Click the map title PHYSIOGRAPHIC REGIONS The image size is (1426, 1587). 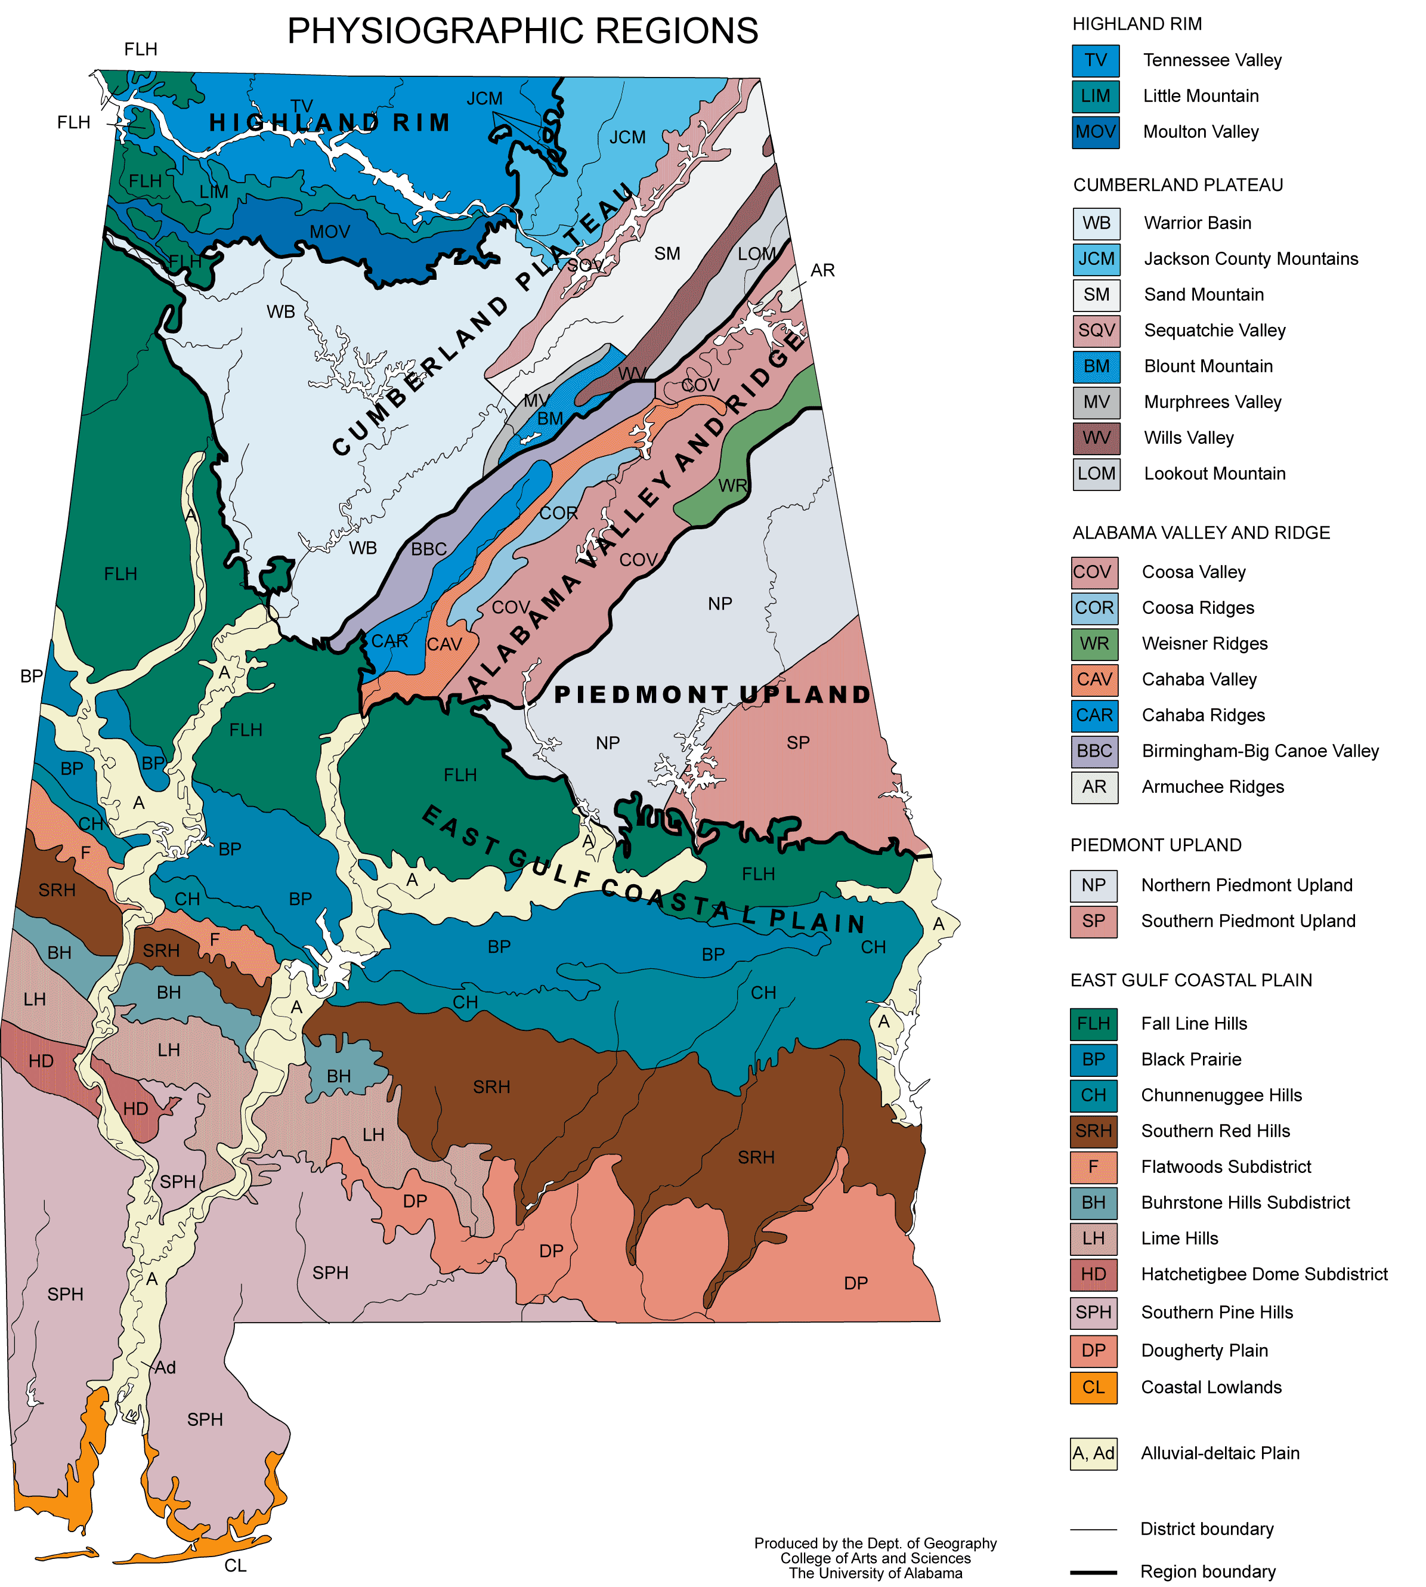pyautogui.click(x=522, y=32)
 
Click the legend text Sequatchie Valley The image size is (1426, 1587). pyautogui.click(x=1214, y=330)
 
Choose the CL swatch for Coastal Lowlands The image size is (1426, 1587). pyautogui.click(x=1093, y=1387)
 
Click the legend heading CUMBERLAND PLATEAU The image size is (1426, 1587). pyautogui.click(x=1178, y=185)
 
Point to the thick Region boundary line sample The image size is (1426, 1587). pyautogui.click(x=1093, y=1571)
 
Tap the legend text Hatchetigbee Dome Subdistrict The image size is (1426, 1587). pyautogui.click(x=1263, y=1274)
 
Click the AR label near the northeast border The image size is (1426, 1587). pyautogui.click(x=822, y=270)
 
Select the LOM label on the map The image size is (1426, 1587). pyautogui.click(x=756, y=254)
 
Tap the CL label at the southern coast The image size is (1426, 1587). pyautogui.click(x=235, y=1565)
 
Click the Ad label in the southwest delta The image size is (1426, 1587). pyautogui.click(x=165, y=1367)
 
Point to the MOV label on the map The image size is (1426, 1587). pyautogui.click(x=329, y=232)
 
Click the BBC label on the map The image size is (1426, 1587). pyautogui.click(x=429, y=549)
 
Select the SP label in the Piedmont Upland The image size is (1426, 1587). pyautogui.click(x=797, y=742)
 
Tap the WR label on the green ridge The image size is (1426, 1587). pyautogui.click(x=732, y=486)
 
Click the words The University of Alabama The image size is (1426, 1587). pyautogui.click(x=875, y=1573)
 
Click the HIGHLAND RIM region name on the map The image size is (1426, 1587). pyautogui.click(x=329, y=123)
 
